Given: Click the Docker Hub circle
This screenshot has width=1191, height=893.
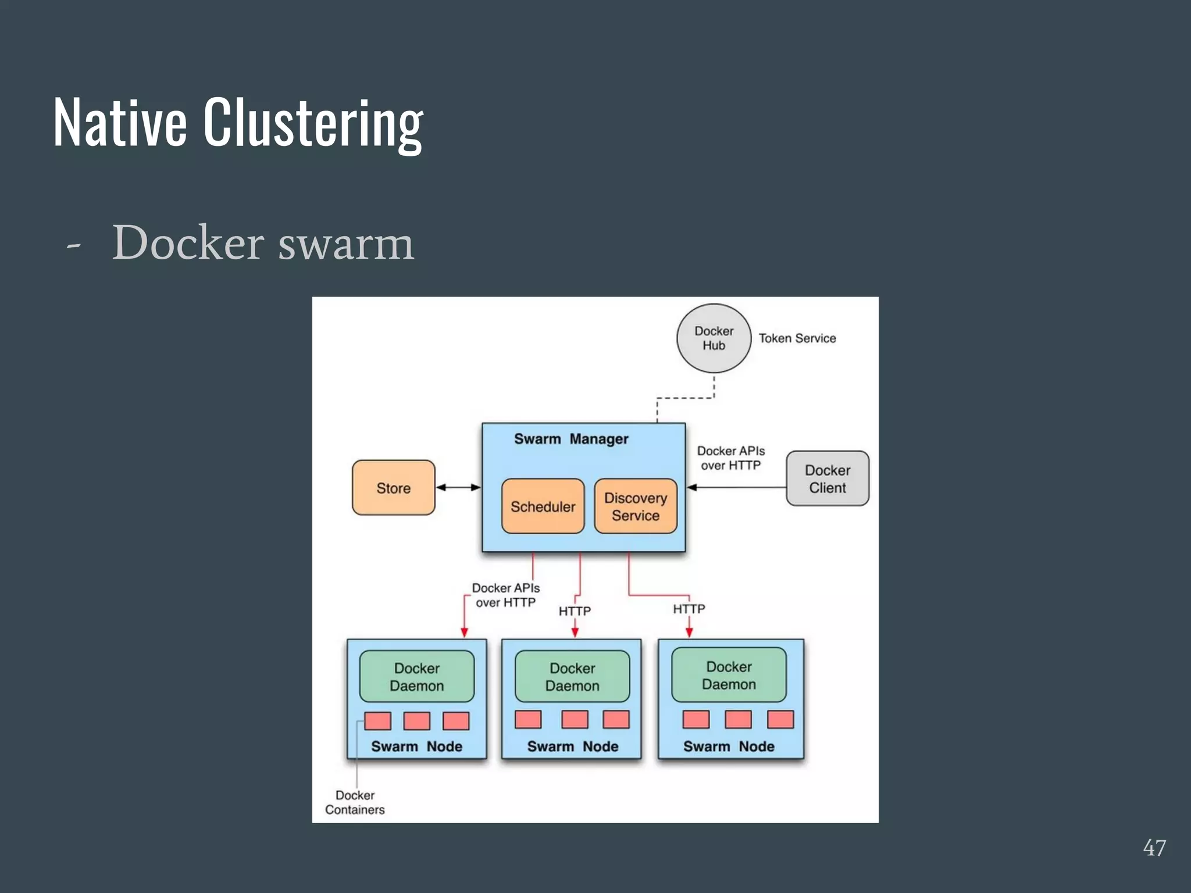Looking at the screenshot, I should [x=714, y=338].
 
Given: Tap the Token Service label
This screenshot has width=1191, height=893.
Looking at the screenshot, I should [x=797, y=338].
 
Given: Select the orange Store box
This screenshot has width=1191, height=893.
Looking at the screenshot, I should [x=394, y=488].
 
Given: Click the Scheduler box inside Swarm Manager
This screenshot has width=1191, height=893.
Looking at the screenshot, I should [x=543, y=506].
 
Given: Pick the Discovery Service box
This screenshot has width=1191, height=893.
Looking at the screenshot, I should [x=636, y=506].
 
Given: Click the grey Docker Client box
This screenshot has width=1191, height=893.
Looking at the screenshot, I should [x=828, y=478].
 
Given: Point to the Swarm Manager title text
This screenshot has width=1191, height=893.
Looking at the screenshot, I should [x=571, y=439].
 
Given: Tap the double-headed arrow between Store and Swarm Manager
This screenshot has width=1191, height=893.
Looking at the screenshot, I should [x=458, y=487].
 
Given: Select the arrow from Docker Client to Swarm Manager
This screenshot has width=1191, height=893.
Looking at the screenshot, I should [x=736, y=487].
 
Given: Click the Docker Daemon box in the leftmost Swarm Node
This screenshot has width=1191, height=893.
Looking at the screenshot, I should [x=417, y=677].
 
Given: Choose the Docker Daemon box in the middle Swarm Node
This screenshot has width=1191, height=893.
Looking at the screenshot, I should [x=572, y=677].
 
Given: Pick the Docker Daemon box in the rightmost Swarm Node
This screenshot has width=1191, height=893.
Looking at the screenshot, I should [x=729, y=675].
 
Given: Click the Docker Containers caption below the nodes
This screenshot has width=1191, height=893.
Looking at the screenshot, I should [x=355, y=802].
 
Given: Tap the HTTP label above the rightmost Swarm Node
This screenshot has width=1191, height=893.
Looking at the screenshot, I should [x=689, y=609].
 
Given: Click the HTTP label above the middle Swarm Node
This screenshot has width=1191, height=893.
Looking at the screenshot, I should [x=575, y=611].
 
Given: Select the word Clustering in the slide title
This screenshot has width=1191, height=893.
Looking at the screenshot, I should [x=313, y=123].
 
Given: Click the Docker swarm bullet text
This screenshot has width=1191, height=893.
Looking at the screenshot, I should [x=263, y=243].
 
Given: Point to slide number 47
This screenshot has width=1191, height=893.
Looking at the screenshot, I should [x=1154, y=848].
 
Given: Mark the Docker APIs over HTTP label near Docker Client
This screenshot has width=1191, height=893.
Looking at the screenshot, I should [x=731, y=458].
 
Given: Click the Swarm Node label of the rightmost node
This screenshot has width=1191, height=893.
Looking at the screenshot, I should [x=729, y=746].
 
